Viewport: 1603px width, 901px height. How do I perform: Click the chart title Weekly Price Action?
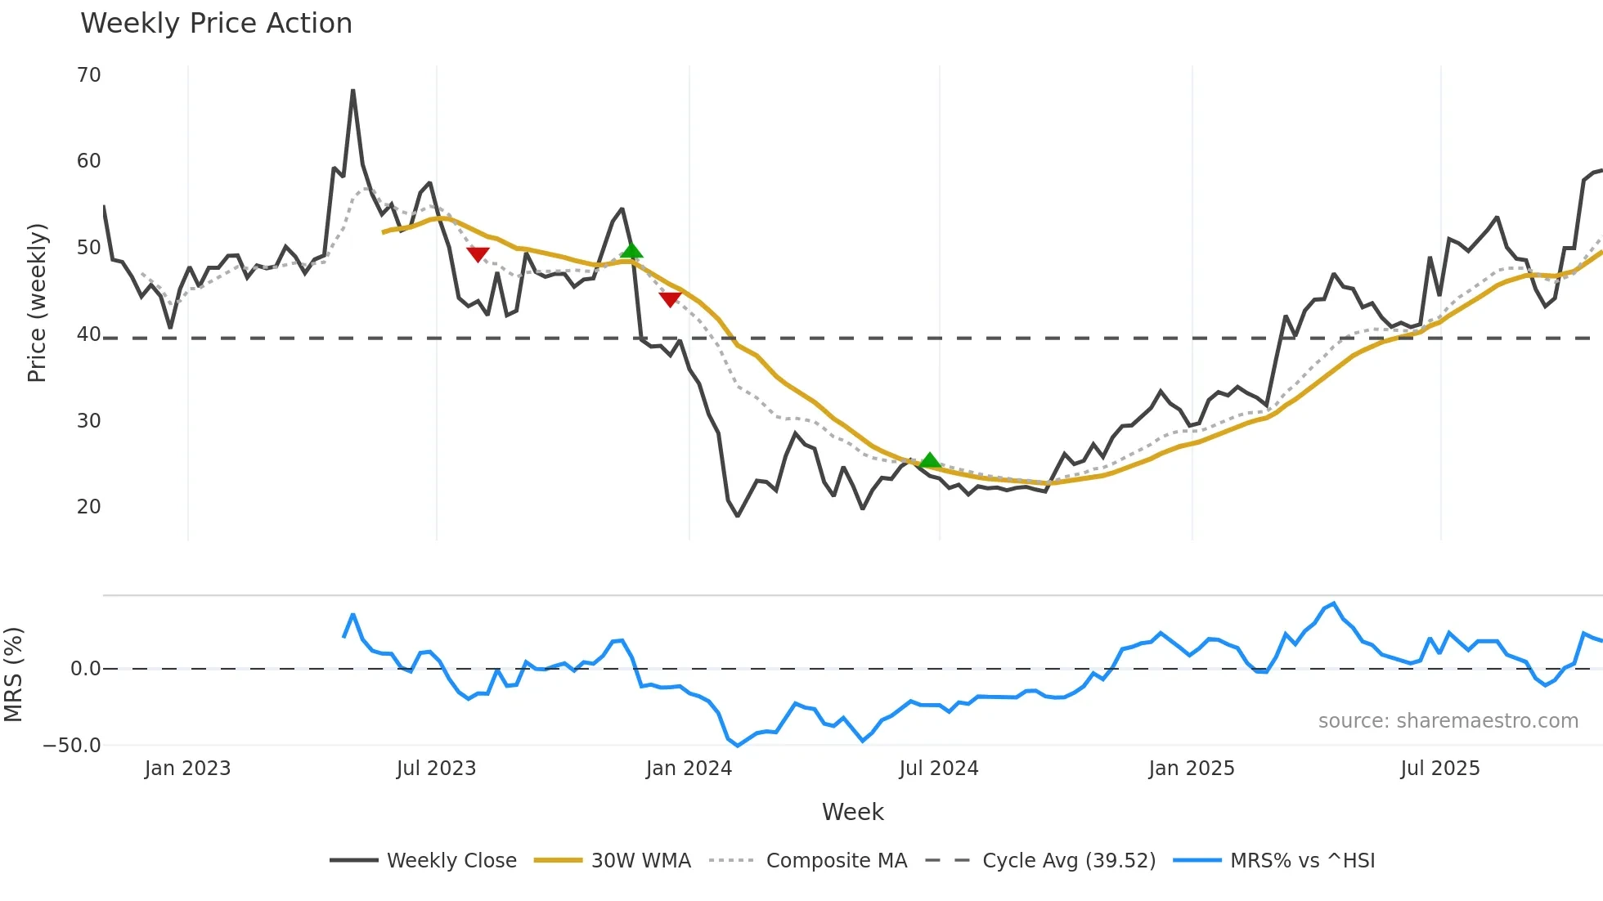(x=216, y=24)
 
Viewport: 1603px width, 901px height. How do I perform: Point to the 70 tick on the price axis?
(x=88, y=75)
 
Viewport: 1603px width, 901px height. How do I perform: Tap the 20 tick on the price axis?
(x=88, y=507)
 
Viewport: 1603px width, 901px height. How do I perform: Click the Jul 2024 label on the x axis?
(x=938, y=769)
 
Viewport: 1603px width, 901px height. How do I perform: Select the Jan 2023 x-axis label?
(x=187, y=769)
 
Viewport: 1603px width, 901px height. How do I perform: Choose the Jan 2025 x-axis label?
(x=1191, y=769)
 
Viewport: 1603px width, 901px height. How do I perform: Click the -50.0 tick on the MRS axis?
(x=72, y=746)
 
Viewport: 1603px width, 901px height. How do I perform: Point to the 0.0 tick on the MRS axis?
(x=85, y=669)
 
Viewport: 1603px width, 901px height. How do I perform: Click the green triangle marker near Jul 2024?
(x=929, y=460)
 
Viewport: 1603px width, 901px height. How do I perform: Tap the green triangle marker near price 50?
(x=631, y=250)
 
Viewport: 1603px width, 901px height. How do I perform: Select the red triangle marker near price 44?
(x=670, y=299)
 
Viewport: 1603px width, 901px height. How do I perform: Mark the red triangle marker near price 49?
(x=478, y=254)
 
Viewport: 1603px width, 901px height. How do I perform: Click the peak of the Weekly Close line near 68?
(x=352, y=91)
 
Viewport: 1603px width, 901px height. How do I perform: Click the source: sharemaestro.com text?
(x=1448, y=721)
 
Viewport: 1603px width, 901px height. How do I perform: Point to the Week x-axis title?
(x=852, y=812)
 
